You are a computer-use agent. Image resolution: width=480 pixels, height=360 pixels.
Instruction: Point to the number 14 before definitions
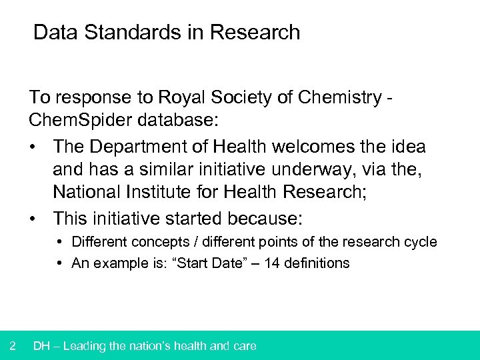tap(272, 263)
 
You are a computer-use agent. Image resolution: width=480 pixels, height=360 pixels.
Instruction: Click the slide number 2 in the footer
tap(13, 345)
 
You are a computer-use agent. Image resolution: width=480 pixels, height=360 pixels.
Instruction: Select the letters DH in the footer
tap(41, 345)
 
